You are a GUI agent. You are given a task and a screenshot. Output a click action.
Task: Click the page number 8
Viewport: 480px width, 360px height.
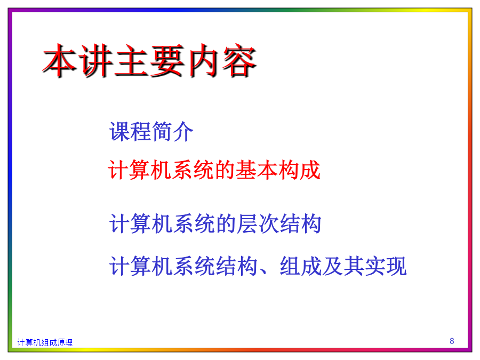point(452,341)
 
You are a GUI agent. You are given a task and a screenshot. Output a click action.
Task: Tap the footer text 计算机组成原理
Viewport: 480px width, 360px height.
point(45,342)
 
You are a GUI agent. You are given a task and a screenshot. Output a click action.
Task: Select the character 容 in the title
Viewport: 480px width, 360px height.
point(239,60)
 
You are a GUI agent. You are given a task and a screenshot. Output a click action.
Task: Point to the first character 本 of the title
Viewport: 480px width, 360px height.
point(60,60)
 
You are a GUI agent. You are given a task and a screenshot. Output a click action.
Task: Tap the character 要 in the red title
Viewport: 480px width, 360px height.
point(167,60)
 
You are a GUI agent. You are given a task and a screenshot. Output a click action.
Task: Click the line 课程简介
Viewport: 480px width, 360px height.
point(151,132)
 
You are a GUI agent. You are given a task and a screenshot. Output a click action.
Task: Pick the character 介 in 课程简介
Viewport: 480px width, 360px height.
point(183,132)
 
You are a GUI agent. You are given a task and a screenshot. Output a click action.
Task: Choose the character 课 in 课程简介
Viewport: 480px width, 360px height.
point(119,132)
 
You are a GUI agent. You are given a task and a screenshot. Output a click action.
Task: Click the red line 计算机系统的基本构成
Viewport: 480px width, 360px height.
point(214,170)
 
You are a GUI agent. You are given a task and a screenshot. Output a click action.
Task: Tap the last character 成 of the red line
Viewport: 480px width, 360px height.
point(310,170)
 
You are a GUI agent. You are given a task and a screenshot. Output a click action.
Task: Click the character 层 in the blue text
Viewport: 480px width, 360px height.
point(247,223)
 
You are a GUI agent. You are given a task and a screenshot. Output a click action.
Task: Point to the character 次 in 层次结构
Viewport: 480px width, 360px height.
point(268,223)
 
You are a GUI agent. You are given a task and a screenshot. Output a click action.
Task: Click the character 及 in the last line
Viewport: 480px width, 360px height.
point(332,266)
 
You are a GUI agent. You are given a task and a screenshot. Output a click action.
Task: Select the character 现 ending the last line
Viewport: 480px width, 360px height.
point(396,266)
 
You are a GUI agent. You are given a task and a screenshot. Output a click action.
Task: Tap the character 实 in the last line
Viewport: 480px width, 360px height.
point(375,266)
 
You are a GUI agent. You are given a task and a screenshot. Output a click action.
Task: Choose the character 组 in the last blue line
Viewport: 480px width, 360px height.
point(290,266)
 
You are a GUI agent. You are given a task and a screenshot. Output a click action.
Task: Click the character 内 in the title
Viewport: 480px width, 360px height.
point(203,60)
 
